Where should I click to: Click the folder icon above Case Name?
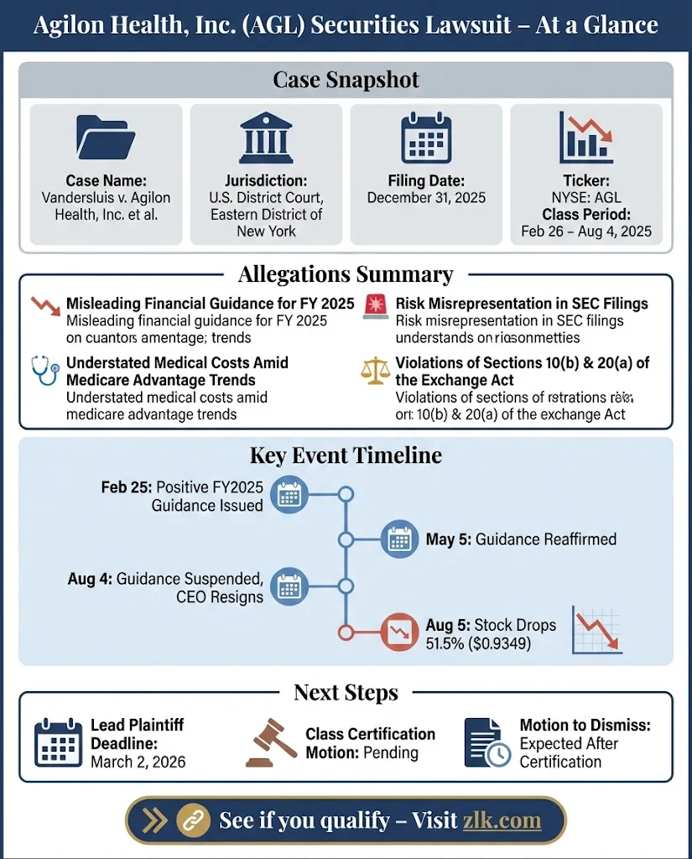tap(107, 138)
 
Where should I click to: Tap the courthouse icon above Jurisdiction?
tap(266, 138)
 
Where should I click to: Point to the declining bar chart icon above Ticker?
tap(586, 138)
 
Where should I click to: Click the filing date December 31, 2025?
tap(426, 198)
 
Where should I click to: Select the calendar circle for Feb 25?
tap(289, 496)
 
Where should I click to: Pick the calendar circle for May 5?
tap(400, 539)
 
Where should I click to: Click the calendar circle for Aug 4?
tap(289, 586)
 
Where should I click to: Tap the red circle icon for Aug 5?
tap(400, 633)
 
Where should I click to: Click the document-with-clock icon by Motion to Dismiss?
tap(486, 742)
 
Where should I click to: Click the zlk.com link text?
tap(502, 820)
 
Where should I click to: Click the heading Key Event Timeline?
tap(346, 456)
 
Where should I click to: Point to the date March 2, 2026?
tap(138, 762)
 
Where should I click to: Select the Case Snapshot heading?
tap(346, 81)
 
